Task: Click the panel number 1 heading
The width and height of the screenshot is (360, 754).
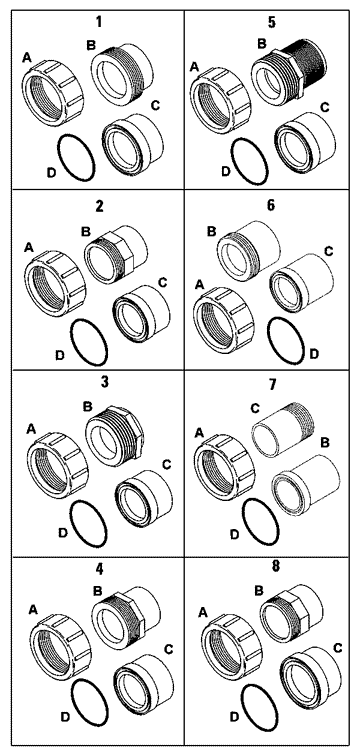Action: pos(99,21)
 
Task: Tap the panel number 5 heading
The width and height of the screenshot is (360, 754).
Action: pos(272,22)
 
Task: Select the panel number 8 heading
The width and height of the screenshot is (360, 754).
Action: pos(275,567)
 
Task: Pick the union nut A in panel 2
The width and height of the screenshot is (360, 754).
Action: pos(55,283)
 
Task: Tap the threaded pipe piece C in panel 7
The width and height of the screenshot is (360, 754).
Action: pos(284,429)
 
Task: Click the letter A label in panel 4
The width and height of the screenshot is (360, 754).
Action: pos(33,610)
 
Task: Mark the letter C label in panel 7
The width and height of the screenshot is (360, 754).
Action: pos(255,408)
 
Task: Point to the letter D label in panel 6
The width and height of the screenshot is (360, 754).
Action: pos(314,354)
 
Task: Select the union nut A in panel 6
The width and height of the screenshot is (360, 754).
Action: pos(224,320)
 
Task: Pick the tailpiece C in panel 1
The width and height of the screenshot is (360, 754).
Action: pos(132,142)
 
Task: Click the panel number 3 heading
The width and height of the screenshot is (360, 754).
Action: pos(98,382)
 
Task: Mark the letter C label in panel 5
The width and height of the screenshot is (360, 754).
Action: pos(325,107)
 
